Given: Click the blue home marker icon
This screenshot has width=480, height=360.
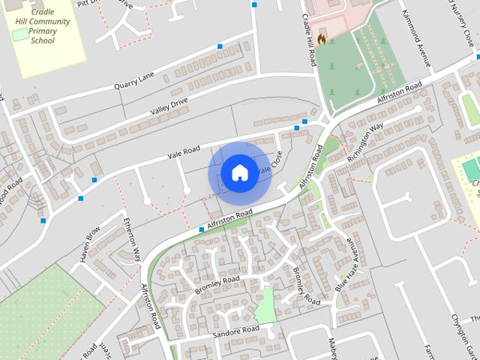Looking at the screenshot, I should (239, 172).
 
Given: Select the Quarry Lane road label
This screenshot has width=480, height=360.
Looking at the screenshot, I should (133, 81).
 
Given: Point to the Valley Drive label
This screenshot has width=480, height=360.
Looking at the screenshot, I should (169, 106).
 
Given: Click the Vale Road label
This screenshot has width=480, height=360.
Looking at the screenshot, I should (183, 151).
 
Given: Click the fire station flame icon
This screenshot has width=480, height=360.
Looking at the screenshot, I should (321, 40).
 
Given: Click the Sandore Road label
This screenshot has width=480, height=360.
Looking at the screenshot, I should (235, 331).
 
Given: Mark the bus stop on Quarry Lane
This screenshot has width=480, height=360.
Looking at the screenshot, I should (220, 46).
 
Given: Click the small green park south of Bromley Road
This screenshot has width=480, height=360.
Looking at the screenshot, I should (265, 306).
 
